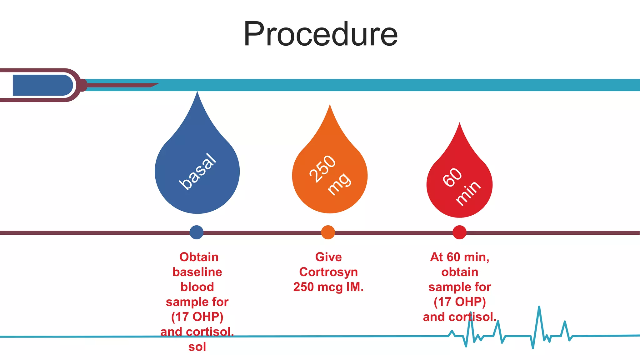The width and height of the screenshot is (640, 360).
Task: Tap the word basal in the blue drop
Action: point(197,172)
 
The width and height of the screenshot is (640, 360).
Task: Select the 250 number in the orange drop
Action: point(322,168)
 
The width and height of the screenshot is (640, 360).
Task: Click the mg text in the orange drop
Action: point(339,184)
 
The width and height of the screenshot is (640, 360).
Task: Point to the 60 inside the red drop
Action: point(452,177)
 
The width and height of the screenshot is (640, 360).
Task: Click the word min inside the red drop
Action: point(468,193)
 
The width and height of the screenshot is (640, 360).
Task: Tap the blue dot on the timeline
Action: point(197,232)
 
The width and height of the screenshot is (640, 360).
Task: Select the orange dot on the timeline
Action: point(328,232)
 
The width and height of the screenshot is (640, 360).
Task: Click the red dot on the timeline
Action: point(459,232)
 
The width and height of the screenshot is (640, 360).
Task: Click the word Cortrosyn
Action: point(328,272)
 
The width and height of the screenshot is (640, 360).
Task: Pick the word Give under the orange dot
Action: point(328,257)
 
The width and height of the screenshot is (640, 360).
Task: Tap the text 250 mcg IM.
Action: point(328,287)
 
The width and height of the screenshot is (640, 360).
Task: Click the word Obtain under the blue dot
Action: point(199,257)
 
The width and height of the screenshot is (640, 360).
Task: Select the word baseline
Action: point(197,272)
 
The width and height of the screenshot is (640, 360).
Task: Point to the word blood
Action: point(197,287)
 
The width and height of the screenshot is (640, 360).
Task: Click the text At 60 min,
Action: point(459,257)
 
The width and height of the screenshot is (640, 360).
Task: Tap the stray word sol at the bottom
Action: point(197,347)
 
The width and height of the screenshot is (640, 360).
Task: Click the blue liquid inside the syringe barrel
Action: point(42,85)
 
